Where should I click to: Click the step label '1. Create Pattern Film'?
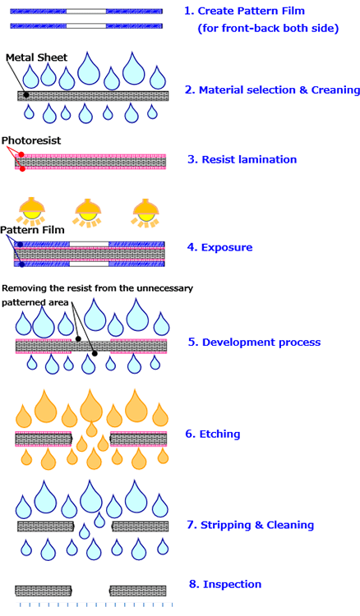(244, 11)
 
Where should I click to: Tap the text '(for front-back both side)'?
(268, 28)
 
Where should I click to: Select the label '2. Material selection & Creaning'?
(272, 90)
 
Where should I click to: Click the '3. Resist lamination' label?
(242, 159)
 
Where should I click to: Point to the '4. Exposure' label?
(219, 247)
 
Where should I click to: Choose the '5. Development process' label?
(254, 342)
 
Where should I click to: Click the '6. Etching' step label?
(213, 434)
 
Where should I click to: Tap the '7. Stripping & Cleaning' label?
(251, 526)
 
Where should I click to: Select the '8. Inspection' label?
(225, 584)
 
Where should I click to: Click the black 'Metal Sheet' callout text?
(36, 57)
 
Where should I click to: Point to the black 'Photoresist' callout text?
(31, 140)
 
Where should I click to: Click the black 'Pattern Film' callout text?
(32, 230)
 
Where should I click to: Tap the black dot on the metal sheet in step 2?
(26, 94)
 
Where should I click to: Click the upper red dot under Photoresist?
(21, 154)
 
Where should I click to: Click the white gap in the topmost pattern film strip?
(86, 11)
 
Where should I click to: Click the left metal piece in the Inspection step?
(44, 591)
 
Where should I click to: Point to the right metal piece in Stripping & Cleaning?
(141, 526)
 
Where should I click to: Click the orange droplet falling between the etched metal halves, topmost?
(91, 429)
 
